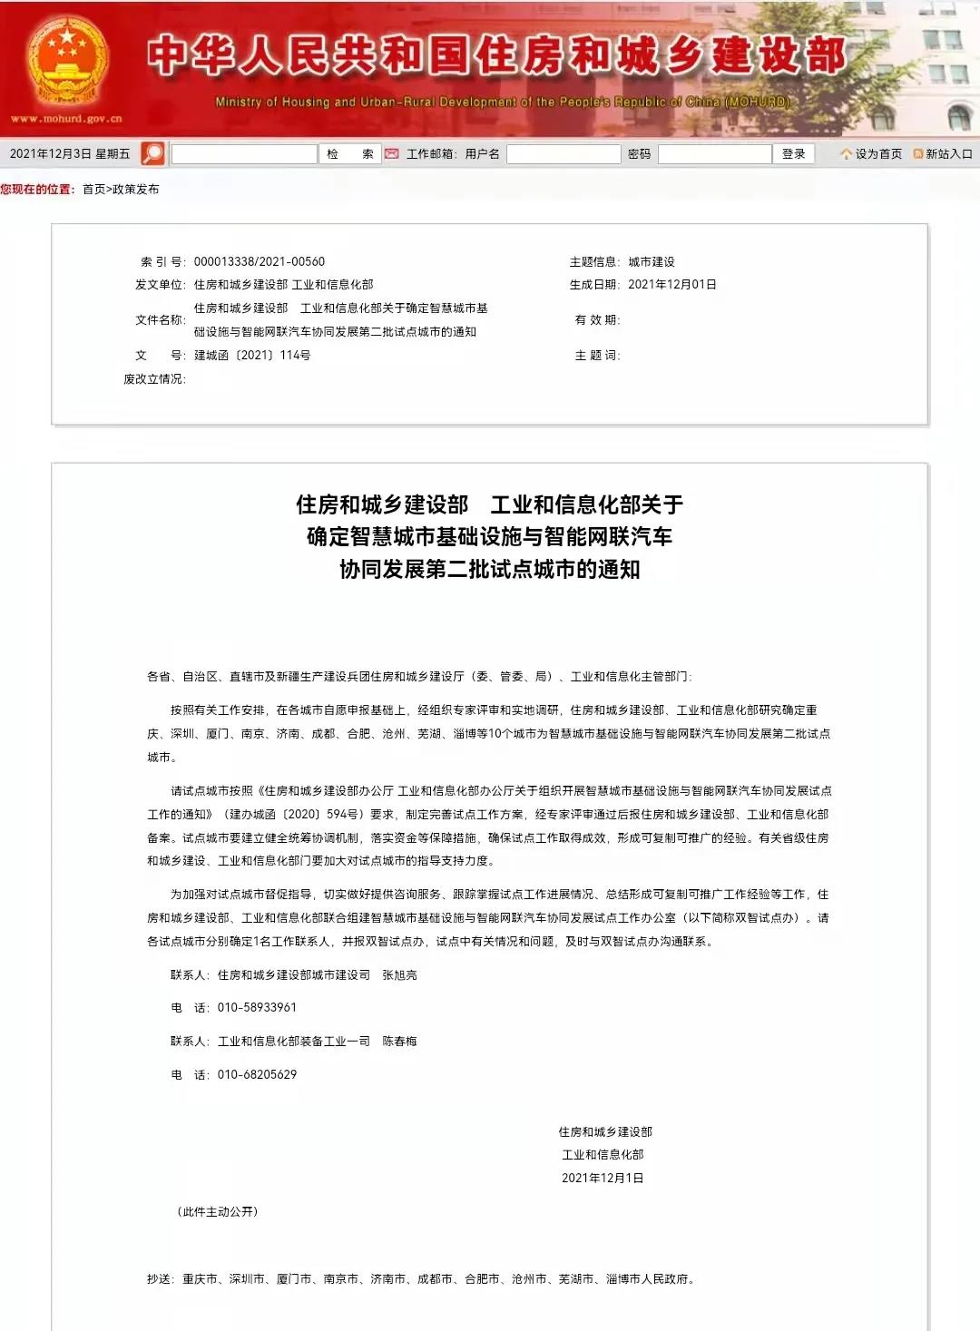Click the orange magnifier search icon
153,153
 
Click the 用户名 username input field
563,154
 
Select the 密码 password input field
714,154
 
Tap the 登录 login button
794,154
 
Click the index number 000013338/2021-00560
259,261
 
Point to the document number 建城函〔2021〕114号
252,355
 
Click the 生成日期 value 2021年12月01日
672,284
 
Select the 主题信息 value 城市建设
652,261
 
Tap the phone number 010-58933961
257,1007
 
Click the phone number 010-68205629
257,1074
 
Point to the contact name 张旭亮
399,974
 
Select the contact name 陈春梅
399,1041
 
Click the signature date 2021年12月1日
603,1178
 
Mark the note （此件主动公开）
218,1211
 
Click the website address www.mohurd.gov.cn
65,119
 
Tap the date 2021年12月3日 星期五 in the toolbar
70,154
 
